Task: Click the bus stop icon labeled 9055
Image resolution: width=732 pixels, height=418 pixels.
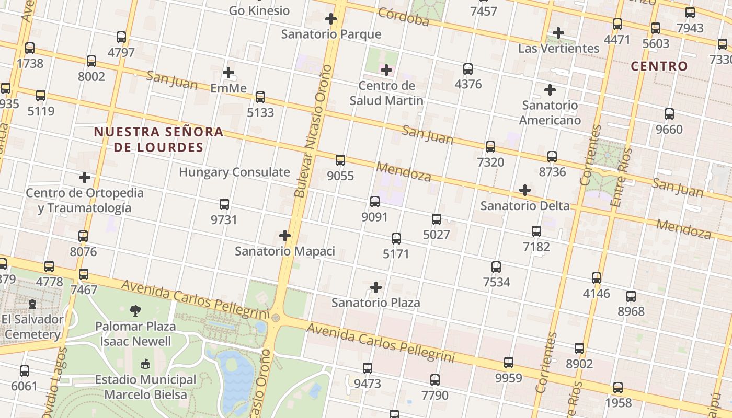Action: pyautogui.click(x=340, y=160)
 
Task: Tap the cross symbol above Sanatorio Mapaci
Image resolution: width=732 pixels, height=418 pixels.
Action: pyautogui.click(x=285, y=236)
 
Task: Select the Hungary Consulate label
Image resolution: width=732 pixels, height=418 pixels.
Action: pyautogui.click(x=234, y=172)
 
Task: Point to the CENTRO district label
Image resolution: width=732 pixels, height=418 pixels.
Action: pyautogui.click(x=659, y=66)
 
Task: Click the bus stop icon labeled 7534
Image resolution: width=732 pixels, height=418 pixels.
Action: pyautogui.click(x=496, y=267)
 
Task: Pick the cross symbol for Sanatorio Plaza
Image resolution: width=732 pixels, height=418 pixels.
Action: pyautogui.click(x=376, y=287)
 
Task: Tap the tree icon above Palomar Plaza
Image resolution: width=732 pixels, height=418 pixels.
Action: pyautogui.click(x=135, y=311)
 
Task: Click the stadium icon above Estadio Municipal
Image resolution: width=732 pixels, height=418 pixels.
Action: pyautogui.click(x=145, y=364)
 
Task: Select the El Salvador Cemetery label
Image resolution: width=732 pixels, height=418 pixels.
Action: pyautogui.click(x=32, y=327)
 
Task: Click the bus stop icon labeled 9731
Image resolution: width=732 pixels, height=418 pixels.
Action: pyautogui.click(x=224, y=204)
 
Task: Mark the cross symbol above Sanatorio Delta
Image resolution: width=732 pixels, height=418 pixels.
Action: pyautogui.click(x=525, y=190)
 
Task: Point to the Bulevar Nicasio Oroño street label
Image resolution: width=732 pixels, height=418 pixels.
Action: pyautogui.click(x=313, y=131)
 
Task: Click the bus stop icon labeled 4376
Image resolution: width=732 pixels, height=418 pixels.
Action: pyautogui.click(x=468, y=69)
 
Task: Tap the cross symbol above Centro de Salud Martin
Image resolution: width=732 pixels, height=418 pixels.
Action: pyautogui.click(x=386, y=70)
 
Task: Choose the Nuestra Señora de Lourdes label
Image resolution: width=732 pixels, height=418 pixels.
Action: pyautogui.click(x=158, y=139)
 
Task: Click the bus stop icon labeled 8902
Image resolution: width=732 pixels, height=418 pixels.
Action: pyautogui.click(x=579, y=349)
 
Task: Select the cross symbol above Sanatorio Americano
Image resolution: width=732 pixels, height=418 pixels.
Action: pyautogui.click(x=550, y=90)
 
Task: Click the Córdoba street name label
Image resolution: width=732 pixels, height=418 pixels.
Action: pyautogui.click(x=403, y=17)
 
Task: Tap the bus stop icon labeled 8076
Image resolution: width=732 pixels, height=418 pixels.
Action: pyautogui.click(x=83, y=236)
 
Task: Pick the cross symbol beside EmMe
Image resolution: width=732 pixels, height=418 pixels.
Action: pyautogui.click(x=228, y=73)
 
